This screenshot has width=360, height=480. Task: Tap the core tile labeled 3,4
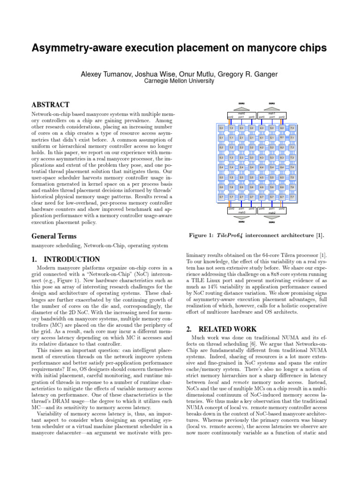[x=251, y=167]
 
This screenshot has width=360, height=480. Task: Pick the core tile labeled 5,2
[x=271, y=148]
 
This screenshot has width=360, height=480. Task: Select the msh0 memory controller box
[x=241, y=115]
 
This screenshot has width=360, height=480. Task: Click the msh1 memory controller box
[x=272, y=115]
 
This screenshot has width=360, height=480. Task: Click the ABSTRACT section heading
[x=50, y=105]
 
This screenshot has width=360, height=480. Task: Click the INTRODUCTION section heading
[x=65, y=259]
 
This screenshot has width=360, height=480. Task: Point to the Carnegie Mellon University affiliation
[x=180, y=81]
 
